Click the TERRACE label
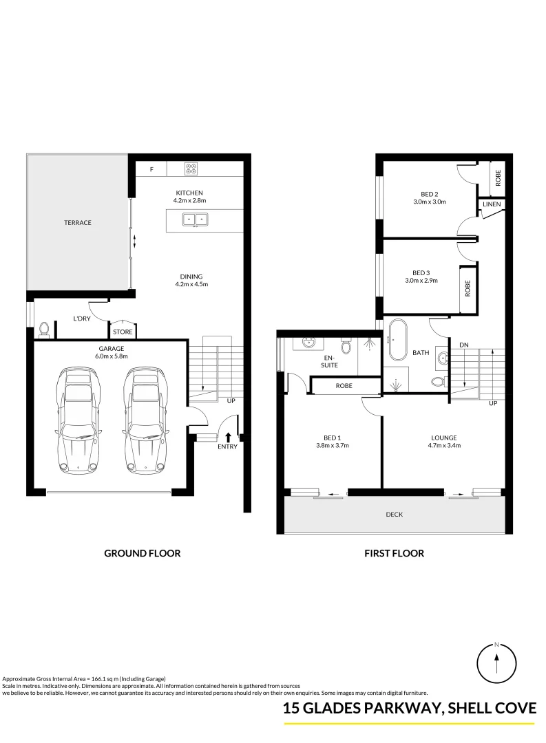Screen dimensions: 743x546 point(78,223)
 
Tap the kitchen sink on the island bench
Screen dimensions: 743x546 point(195,219)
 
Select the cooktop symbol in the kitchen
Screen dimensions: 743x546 point(192,167)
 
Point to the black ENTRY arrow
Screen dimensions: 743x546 point(228,435)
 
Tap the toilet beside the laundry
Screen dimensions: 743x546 point(45,330)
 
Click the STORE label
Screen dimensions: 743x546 point(123,332)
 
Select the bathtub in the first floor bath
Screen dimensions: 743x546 point(398,339)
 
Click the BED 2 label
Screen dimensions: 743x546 point(430,194)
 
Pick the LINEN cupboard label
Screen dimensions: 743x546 point(492,205)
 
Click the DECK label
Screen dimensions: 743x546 point(395,515)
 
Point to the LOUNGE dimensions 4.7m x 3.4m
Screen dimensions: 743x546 point(444,446)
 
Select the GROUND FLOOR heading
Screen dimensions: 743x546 point(142,553)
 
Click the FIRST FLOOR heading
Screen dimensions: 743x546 point(395,553)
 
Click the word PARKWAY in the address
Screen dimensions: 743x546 point(396,709)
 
